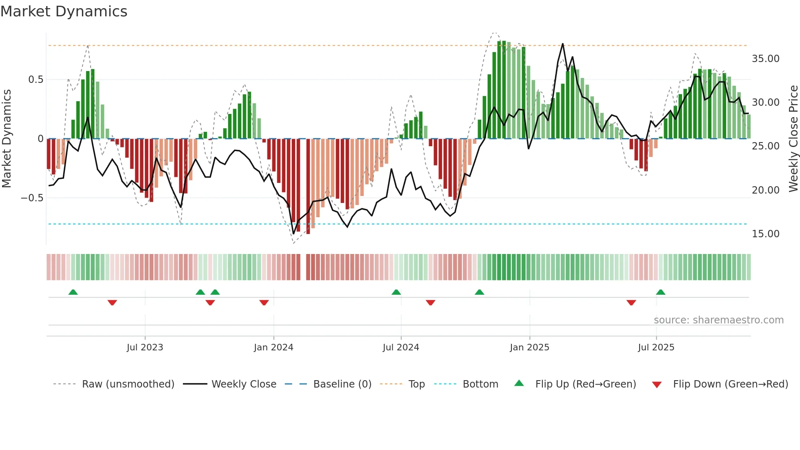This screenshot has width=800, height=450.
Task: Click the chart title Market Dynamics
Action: [64, 11]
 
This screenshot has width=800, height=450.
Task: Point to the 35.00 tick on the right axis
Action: [765, 59]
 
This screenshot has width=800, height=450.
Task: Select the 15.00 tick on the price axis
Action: [765, 234]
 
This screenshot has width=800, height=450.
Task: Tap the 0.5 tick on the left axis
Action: [36, 80]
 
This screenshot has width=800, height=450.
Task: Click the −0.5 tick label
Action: [32, 198]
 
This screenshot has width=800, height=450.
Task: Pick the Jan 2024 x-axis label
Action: [273, 348]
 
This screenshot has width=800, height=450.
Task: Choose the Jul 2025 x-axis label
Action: [656, 348]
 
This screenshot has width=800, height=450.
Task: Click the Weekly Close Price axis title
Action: [793, 139]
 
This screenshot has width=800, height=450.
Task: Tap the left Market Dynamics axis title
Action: [7, 139]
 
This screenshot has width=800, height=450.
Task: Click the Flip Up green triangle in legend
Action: [519, 383]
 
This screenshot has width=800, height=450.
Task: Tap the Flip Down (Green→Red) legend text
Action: [730, 384]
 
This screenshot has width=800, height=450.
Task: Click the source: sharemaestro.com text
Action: [718, 320]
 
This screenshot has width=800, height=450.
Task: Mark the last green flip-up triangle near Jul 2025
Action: [660, 292]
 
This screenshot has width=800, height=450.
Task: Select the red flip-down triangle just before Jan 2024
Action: [264, 303]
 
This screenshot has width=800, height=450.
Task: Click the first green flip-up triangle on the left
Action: [73, 292]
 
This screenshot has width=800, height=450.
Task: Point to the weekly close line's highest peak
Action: [562, 44]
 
